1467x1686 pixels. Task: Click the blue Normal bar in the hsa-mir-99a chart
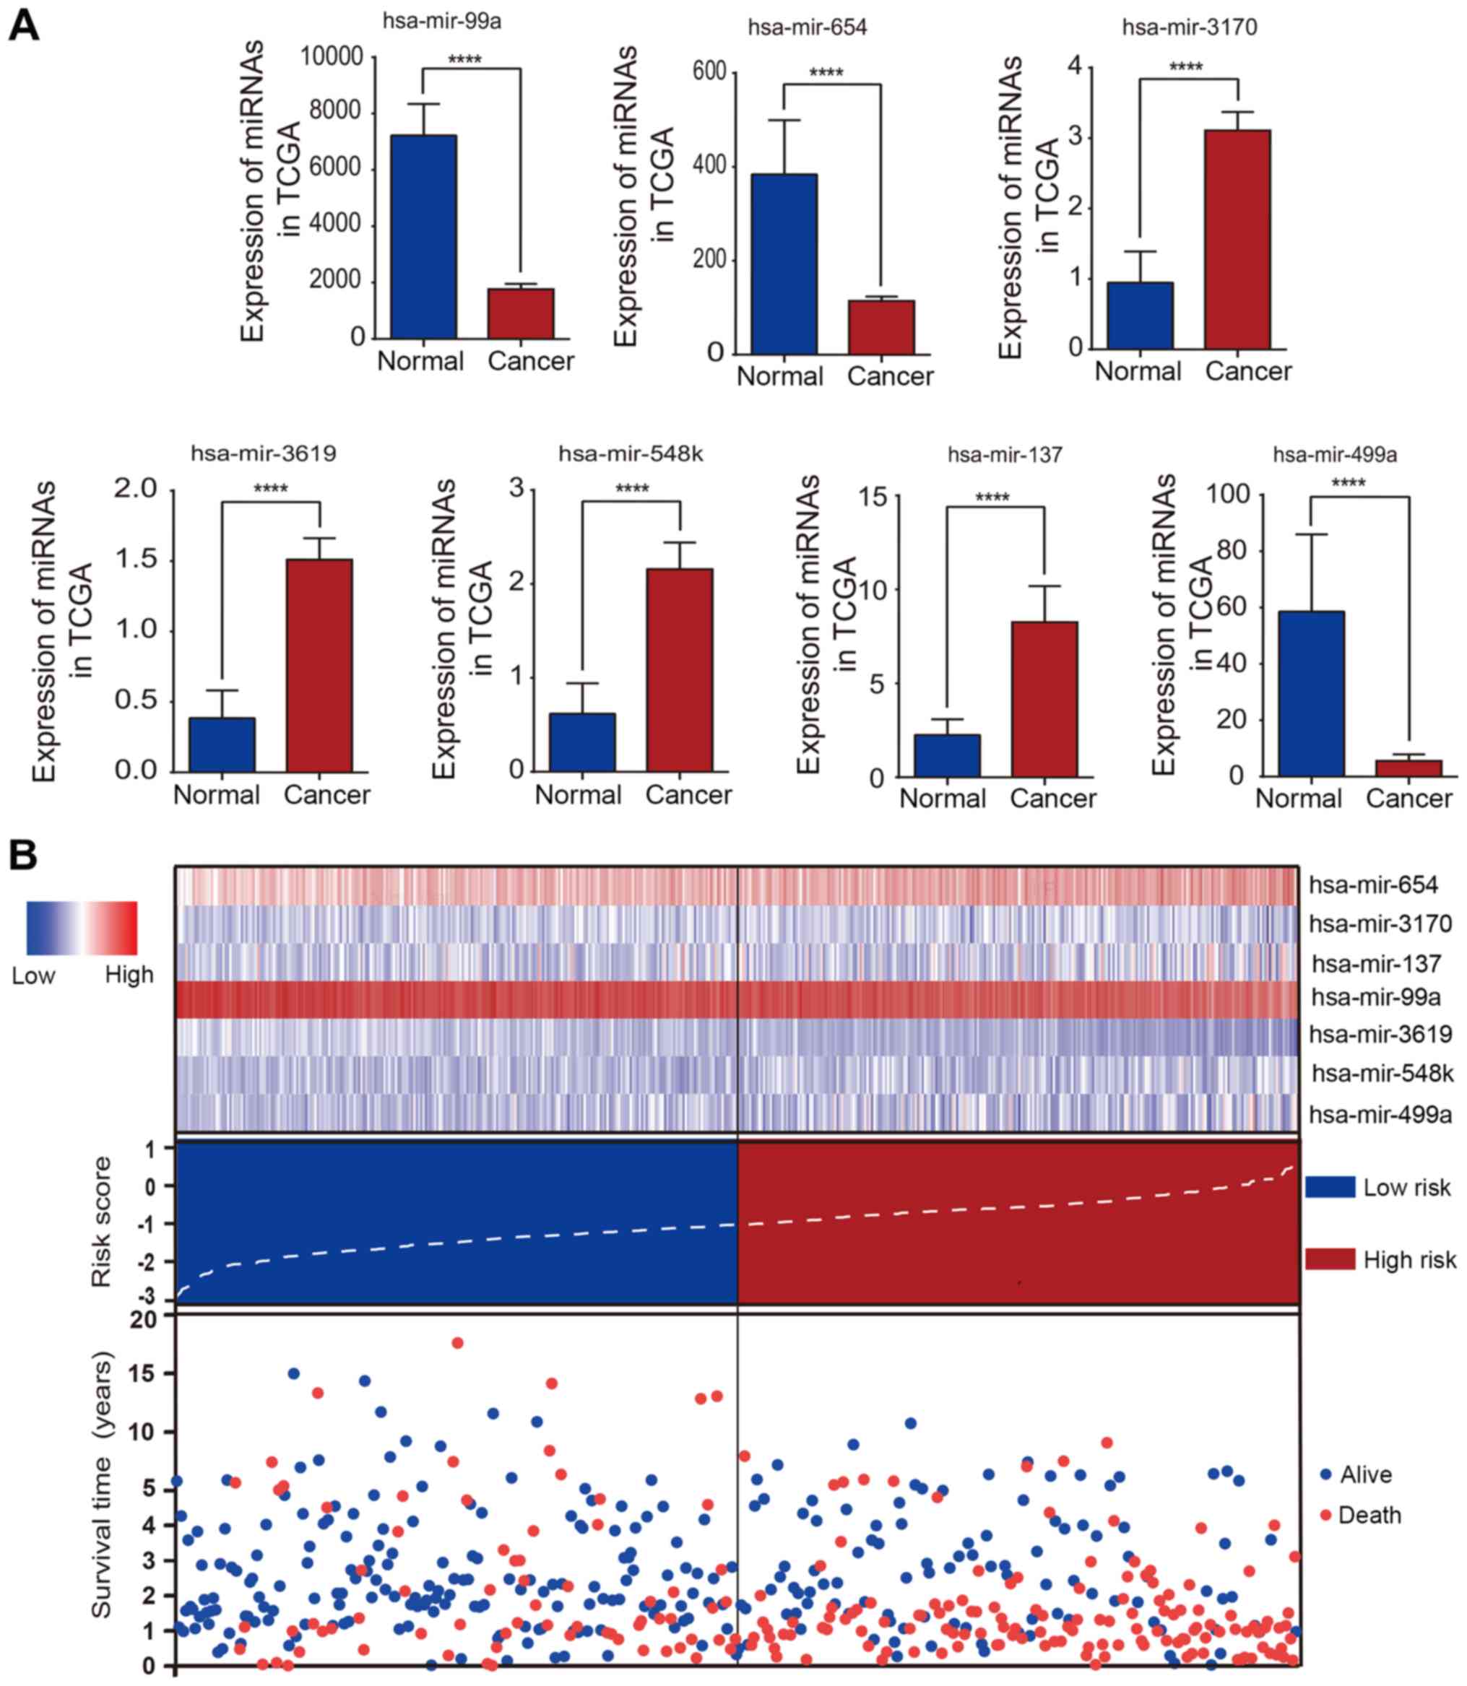point(423,237)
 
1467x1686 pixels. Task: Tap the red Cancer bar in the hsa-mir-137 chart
point(1044,699)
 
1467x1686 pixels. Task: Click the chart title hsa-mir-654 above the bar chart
point(808,28)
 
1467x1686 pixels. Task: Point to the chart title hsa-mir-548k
point(631,453)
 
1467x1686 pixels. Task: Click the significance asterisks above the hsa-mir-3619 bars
point(270,490)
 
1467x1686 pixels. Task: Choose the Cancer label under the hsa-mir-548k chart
point(688,795)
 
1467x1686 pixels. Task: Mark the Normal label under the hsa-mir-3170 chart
point(1138,372)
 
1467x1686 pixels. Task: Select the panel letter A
point(23,26)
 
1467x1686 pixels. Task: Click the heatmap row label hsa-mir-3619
point(1380,1034)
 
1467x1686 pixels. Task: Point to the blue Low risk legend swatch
point(1330,1187)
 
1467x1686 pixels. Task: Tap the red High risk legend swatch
point(1330,1259)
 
